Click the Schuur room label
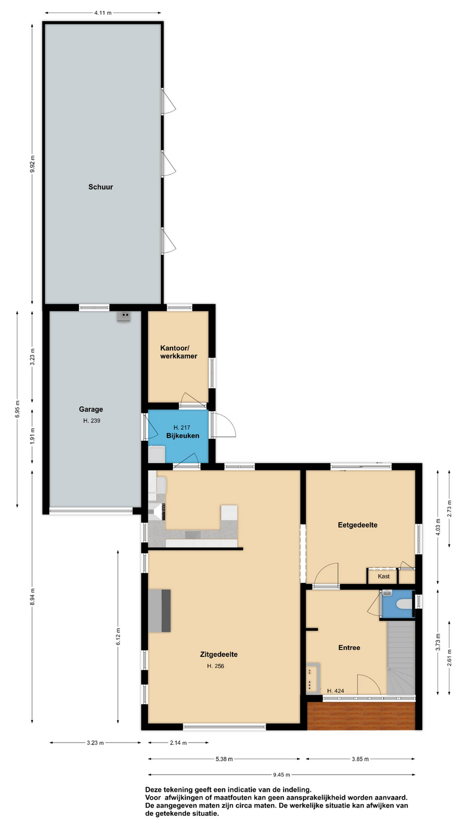[101, 187]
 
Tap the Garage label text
[91, 409]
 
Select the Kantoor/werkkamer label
[179, 352]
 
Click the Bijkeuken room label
[183, 436]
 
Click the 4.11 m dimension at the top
[103, 13]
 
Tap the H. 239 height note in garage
[92, 420]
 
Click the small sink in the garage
[124, 317]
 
